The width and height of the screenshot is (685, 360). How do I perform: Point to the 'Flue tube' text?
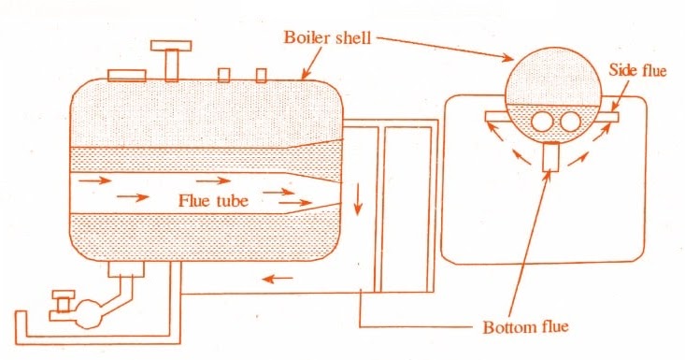(219, 199)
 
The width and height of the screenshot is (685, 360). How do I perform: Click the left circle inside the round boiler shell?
(542, 122)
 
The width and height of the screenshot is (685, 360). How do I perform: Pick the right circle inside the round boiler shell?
(570, 122)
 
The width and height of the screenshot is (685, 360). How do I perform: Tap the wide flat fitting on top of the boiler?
(126, 75)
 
